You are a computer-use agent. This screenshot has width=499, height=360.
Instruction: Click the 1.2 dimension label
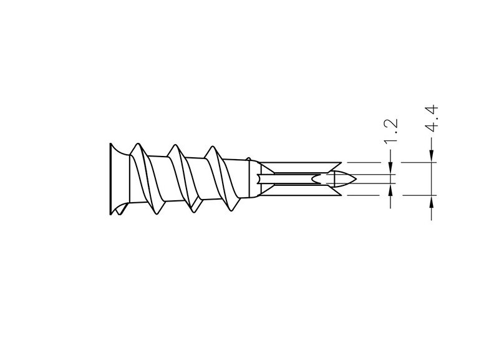[391, 131]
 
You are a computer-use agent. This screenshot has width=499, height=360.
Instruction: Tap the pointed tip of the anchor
[356, 179]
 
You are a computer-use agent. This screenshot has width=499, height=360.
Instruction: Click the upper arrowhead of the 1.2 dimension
[390, 168]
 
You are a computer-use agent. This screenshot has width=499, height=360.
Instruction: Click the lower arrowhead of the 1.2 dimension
[390, 189]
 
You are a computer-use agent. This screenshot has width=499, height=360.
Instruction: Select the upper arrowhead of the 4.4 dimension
[431, 156]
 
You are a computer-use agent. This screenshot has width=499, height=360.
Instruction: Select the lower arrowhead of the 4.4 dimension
[431, 201]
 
